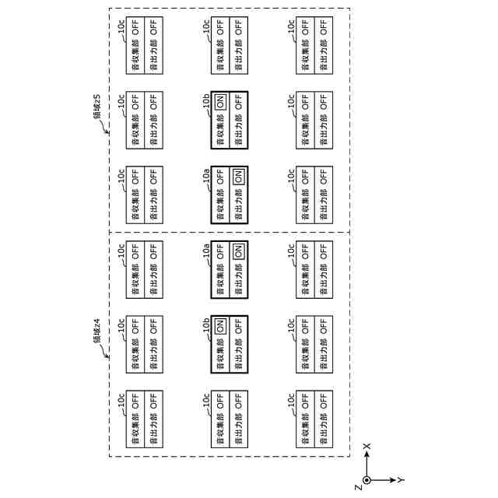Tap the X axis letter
coord(366,446)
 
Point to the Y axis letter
coord(402,479)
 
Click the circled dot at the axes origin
coord(367,480)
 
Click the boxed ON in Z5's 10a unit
coord(239,176)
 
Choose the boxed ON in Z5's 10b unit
coord(221,103)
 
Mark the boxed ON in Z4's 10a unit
coord(239,251)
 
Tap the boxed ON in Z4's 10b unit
coord(221,325)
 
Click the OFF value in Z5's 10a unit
coord(221,176)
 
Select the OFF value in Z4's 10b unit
coord(239,325)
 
